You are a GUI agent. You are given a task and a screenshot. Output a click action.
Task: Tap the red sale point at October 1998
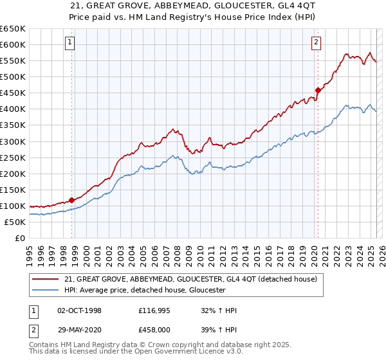[72, 200]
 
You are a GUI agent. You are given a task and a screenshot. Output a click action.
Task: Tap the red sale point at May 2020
[318, 90]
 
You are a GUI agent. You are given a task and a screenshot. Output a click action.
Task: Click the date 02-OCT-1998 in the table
[79, 310]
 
